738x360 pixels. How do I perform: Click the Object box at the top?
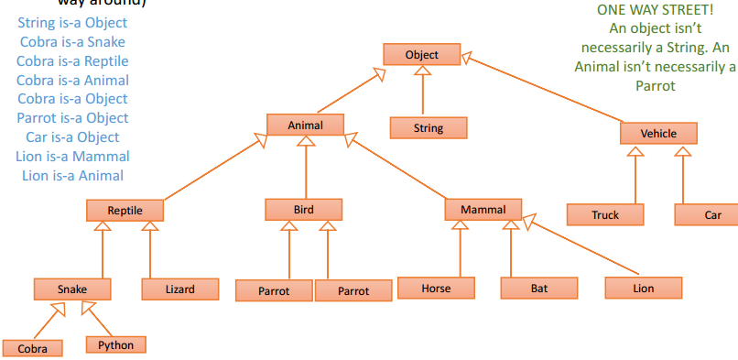[x=421, y=55]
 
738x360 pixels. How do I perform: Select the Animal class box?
[x=306, y=124]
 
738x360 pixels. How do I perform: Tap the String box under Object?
[x=428, y=128]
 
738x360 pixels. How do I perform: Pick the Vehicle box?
[x=658, y=134]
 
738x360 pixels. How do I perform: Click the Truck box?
[x=604, y=215]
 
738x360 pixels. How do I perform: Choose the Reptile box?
[x=125, y=211]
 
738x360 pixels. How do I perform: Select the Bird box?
[x=304, y=210]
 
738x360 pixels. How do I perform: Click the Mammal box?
[x=483, y=210]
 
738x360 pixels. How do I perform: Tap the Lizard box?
[x=179, y=289]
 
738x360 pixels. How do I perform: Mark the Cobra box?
[x=32, y=349]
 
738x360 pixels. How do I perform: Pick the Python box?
[x=115, y=345]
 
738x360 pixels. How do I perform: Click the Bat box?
[x=539, y=289]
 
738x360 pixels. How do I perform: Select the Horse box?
[x=436, y=289]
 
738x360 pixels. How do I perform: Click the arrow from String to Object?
[x=422, y=92]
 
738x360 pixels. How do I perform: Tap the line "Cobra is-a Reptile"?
[x=72, y=60]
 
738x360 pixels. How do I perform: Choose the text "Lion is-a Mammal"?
[x=72, y=157]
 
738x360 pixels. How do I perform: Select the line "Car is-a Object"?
[x=72, y=137]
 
